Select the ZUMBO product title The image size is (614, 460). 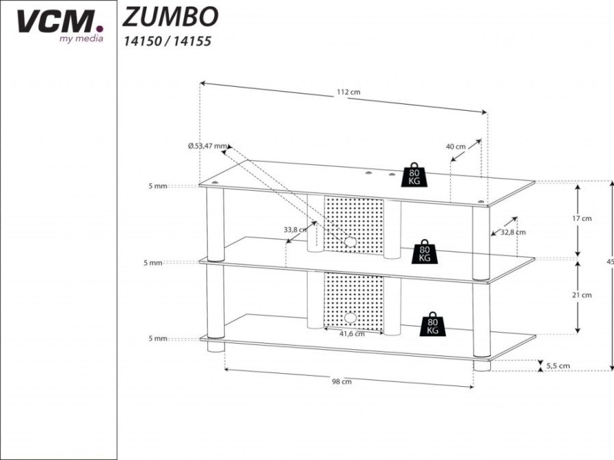click(x=170, y=17)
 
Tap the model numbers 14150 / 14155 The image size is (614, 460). click(x=168, y=41)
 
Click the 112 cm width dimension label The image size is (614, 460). click(x=348, y=92)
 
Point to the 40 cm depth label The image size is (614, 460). click(x=456, y=147)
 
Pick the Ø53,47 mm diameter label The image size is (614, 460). click(x=207, y=146)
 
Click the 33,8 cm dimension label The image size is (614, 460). click(x=295, y=230)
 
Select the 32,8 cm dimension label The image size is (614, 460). click(x=513, y=232)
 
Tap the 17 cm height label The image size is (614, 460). click(x=582, y=219)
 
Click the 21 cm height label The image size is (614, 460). click(x=582, y=295)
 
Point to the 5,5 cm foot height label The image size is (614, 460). click(x=558, y=366)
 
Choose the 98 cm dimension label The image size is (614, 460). click(x=342, y=381)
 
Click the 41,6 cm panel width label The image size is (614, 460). click(x=351, y=334)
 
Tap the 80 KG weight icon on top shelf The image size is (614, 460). click(x=414, y=174)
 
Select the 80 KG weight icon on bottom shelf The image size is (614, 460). click(x=432, y=324)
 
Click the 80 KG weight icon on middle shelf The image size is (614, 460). click(x=425, y=252)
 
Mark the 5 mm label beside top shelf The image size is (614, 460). click(x=158, y=186)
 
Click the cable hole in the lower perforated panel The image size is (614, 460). click(x=351, y=318)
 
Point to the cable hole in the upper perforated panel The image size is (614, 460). click(x=351, y=242)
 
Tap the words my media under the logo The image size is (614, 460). click(x=81, y=38)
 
